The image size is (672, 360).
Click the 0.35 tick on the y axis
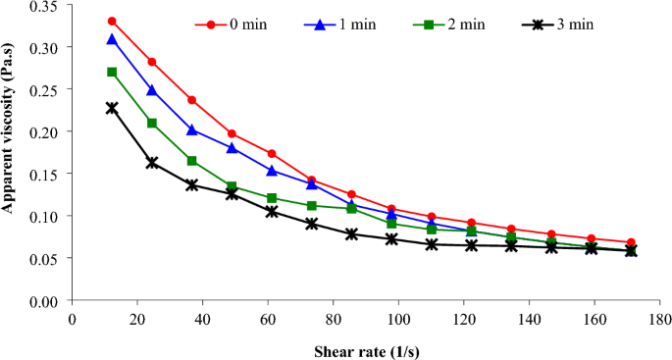click(45, 6)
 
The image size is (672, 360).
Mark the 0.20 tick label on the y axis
click(45, 131)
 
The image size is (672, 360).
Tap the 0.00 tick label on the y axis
click(45, 300)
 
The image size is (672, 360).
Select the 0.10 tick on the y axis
click(45, 216)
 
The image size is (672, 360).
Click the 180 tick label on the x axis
click(660, 320)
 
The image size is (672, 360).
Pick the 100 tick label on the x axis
click(398, 320)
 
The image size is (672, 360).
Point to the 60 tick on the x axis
click(268, 320)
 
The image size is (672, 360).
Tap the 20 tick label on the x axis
click(137, 320)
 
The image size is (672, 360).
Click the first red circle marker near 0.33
click(112, 21)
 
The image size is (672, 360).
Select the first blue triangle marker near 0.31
click(112, 39)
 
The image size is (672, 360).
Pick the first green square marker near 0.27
click(112, 72)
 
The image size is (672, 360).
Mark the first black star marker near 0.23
click(112, 108)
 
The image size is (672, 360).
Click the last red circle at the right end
click(631, 242)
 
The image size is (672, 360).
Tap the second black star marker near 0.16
click(152, 163)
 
